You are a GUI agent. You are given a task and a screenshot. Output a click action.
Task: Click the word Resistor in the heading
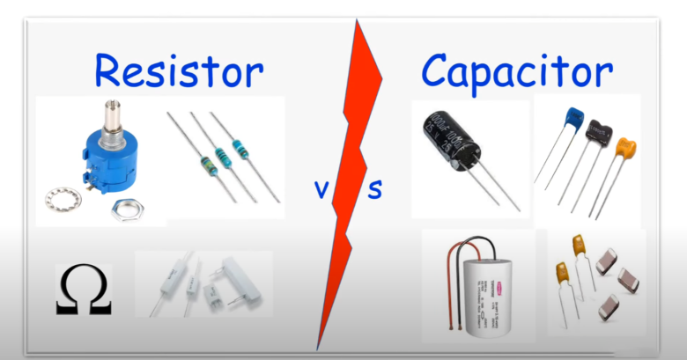point(179,70)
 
